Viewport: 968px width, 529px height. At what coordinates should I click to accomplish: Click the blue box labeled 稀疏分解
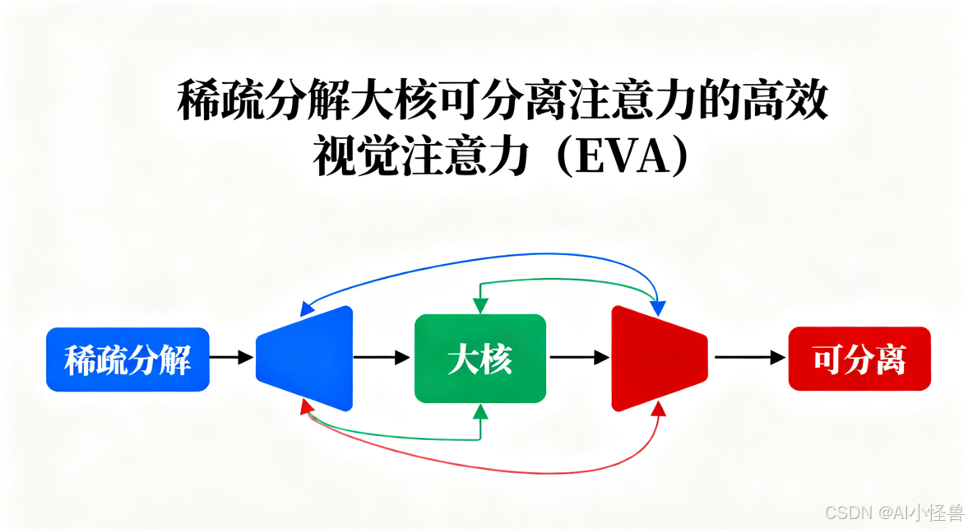click(x=127, y=360)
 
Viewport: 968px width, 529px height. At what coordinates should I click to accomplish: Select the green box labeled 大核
click(x=479, y=359)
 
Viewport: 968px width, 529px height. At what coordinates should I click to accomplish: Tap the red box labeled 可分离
click(x=859, y=359)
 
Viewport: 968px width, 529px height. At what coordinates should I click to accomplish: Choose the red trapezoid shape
click(x=656, y=358)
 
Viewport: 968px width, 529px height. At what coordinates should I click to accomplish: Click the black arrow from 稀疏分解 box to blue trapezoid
click(x=231, y=358)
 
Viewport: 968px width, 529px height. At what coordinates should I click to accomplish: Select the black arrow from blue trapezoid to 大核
click(x=381, y=358)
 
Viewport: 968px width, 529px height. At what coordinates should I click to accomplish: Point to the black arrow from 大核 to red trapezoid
click(x=579, y=358)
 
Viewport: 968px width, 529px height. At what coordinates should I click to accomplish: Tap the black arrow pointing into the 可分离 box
click(x=750, y=358)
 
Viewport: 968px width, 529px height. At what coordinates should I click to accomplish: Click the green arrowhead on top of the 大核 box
click(x=480, y=305)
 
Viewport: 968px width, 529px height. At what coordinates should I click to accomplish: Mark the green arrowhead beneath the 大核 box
click(x=480, y=411)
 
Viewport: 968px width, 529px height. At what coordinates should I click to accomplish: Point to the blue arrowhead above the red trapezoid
click(x=657, y=307)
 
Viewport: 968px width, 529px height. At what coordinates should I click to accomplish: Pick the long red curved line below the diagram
click(x=485, y=472)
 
